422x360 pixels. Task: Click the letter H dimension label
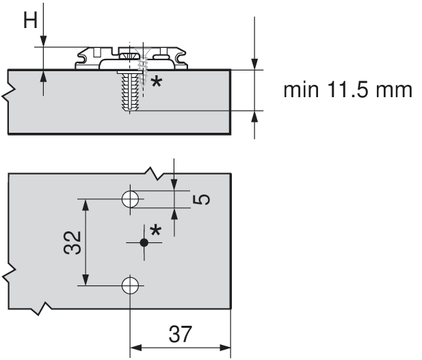(x=31, y=20)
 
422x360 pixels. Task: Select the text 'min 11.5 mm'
(x=348, y=90)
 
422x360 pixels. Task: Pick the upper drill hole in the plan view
(x=130, y=199)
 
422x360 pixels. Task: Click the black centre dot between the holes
(x=144, y=242)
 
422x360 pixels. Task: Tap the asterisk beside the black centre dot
(x=156, y=231)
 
